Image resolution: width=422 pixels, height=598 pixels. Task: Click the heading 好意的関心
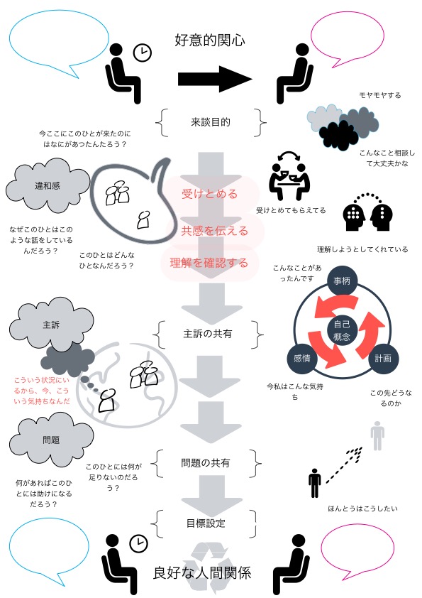[209, 40]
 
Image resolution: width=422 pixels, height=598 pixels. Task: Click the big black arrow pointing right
[215, 79]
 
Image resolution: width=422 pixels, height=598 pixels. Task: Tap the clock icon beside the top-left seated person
[143, 53]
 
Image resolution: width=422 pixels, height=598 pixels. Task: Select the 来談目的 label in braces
[211, 122]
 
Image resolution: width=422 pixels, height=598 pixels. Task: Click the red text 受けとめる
[209, 194]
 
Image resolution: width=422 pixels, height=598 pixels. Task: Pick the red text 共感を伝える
[214, 230]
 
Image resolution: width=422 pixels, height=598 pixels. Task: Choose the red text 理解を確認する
[209, 262]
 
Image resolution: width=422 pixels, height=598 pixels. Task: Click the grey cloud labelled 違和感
[48, 186]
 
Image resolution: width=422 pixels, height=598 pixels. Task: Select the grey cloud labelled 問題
[51, 440]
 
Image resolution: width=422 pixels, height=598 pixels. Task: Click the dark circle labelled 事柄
[342, 281]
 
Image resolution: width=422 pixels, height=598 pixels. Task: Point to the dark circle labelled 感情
[302, 359]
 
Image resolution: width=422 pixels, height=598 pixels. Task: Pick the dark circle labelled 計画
[383, 359]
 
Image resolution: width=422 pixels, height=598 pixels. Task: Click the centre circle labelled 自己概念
[342, 330]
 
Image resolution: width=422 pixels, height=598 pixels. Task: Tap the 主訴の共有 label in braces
[208, 334]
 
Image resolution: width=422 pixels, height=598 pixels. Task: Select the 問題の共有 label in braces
[206, 463]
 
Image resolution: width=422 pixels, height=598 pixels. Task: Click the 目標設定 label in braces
[206, 523]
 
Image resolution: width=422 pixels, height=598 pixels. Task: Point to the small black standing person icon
[315, 483]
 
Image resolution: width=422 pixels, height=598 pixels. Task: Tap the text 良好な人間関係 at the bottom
[202, 573]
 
